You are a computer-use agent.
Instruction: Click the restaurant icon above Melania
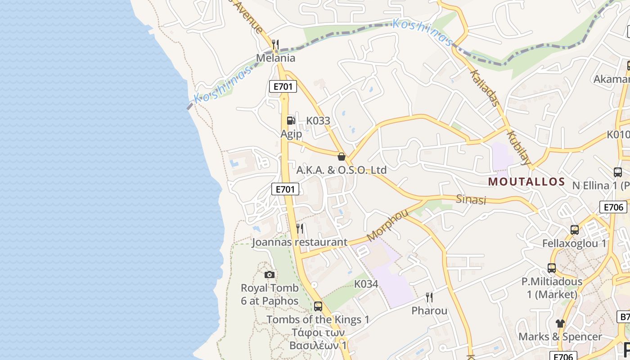click(x=275, y=44)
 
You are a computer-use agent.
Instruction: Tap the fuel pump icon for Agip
click(x=291, y=120)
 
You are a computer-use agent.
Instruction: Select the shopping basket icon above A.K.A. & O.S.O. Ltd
click(x=342, y=157)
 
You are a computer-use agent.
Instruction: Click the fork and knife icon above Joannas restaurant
click(x=300, y=229)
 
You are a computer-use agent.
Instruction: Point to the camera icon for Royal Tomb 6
click(x=270, y=274)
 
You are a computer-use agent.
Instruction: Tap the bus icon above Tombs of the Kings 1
click(x=318, y=306)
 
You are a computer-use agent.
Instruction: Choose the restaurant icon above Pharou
click(x=429, y=297)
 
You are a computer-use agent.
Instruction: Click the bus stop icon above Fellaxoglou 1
click(x=575, y=230)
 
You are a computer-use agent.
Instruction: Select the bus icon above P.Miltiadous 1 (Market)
click(x=552, y=268)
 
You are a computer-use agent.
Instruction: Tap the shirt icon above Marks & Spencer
click(x=560, y=323)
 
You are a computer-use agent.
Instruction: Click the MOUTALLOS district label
click(x=526, y=182)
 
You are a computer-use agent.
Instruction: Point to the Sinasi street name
click(x=471, y=199)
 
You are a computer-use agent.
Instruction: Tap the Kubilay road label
click(x=519, y=148)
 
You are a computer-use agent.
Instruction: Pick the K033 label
click(x=318, y=121)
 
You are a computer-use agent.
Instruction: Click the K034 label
click(x=366, y=284)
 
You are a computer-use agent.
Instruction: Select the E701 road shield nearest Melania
click(x=283, y=86)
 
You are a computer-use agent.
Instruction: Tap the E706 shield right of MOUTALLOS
click(x=613, y=207)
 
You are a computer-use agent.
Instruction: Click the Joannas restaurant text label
click(x=300, y=242)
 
